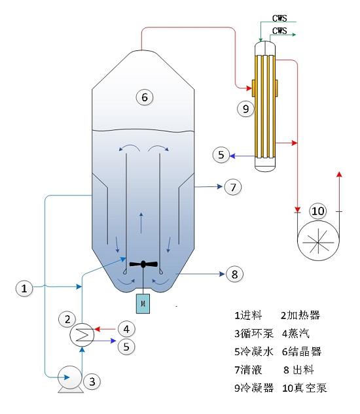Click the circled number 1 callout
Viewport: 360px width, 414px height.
[24, 287]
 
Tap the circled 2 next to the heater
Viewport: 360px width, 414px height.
[67, 320]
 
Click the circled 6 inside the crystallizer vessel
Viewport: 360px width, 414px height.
[144, 97]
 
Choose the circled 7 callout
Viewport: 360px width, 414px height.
[232, 187]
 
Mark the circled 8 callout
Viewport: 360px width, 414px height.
[232, 274]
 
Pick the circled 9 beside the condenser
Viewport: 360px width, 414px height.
[245, 109]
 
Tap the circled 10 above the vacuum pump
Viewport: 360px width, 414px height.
[317, 211]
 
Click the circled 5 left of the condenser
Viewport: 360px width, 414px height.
[222, 154]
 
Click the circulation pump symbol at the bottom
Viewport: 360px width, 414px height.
[69, 379]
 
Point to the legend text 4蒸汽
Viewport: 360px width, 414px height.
[298, 333]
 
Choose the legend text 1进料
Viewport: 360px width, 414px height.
[248, 315]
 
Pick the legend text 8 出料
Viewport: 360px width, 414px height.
[302, 370]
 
